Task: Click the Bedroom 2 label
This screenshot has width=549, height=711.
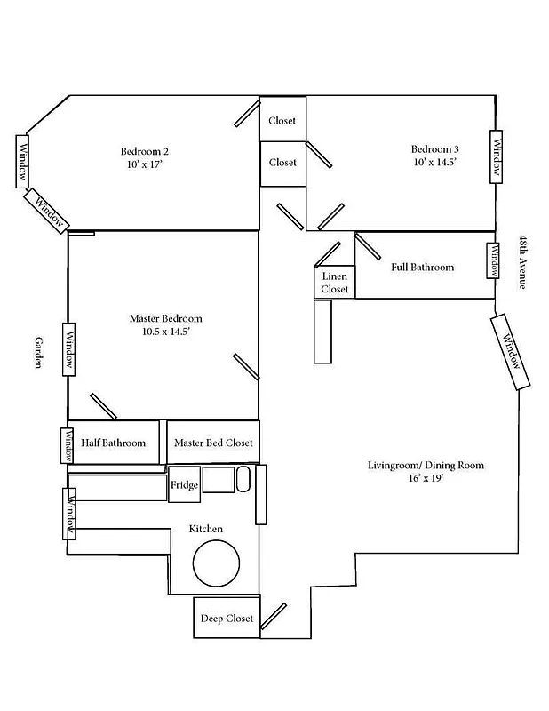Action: [145, 150]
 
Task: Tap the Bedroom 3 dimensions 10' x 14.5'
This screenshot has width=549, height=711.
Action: [434, 163]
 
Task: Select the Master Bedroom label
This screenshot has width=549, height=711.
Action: [165, 318]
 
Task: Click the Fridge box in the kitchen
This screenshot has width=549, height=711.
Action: [184, 485]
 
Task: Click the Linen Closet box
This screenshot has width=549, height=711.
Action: [335, 283]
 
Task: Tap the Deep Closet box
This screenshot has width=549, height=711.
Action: [227, 619]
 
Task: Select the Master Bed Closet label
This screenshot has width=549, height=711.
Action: [213, 443]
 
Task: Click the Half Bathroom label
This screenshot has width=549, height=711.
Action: [113, 443]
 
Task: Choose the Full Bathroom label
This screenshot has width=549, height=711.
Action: [422, 267]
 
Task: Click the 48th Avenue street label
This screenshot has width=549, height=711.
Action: [523, 262]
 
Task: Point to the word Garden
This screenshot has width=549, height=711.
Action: [39, 353]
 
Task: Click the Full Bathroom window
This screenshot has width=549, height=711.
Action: [491, 260]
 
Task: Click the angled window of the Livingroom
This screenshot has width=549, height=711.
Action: [511, 351]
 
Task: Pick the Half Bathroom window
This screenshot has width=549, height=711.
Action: [66, 445]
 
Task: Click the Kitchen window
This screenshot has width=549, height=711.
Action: [68, 513]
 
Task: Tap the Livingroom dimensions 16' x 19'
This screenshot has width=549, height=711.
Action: [426, 478]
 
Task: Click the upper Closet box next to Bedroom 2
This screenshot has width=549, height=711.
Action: [282, 120]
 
